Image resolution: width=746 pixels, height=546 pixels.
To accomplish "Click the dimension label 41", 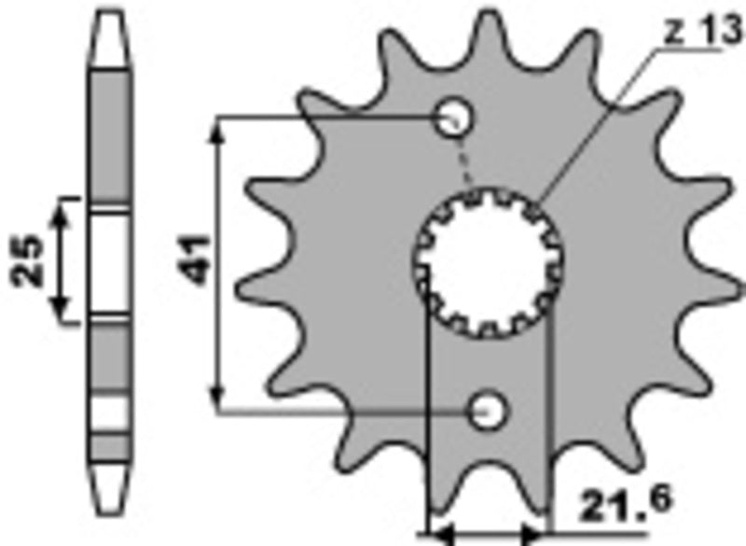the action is coord(194,259).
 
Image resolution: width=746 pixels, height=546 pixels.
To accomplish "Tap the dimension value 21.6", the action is coord(625,502).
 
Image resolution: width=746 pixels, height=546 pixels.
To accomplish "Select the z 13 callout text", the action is coord(703,32).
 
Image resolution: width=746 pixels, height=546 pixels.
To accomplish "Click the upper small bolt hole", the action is coord(454,117).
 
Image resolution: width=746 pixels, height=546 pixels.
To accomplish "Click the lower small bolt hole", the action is coord(488,411).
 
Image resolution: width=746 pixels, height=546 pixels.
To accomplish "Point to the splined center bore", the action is coord(489,263).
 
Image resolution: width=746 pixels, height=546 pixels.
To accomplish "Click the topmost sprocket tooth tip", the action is coord(489,15).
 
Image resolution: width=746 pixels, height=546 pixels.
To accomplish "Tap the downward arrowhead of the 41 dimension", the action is coord(217,397).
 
